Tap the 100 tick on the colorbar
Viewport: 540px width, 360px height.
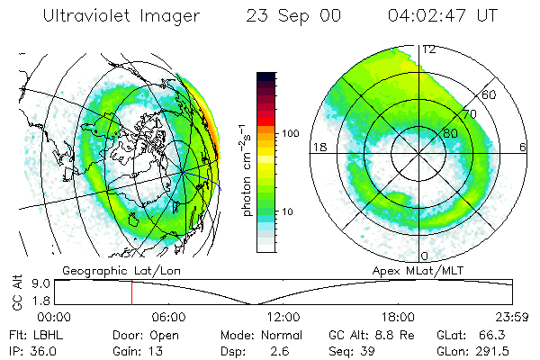tap(290, 133)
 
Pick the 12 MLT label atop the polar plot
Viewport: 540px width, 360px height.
tap(429, 49)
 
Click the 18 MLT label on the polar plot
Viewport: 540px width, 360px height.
tap(318, 146)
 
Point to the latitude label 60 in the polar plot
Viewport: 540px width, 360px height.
tap(490, 94)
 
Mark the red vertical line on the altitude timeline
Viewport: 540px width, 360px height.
tap(131, 292)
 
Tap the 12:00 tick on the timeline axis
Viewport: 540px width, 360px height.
tap(283, 317)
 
